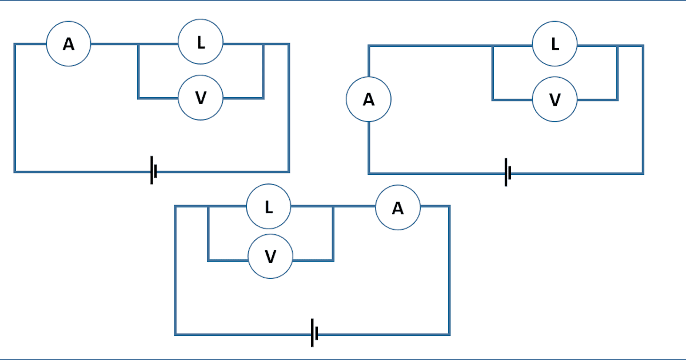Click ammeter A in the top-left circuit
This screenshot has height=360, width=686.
(x=69, y=44)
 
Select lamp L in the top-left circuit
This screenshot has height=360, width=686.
(x=201, y=42)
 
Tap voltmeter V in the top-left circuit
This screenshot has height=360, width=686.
(x=201, y=98)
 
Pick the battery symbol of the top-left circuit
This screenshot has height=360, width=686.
(x=153, y=170)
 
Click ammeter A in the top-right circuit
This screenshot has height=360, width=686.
(x=369, y=99)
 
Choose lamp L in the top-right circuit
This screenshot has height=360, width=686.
(x=555, y=44)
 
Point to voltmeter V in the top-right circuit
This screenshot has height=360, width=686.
(x=555, y=100)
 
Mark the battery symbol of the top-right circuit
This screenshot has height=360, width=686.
(x=508, y=173)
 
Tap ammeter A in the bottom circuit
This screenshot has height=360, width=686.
(x=398, y=208)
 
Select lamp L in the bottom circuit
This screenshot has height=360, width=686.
(x=269, y=207)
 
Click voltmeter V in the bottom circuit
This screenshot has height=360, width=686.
(x=270, y=256)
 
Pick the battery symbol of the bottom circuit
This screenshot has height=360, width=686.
(x=314, y=333)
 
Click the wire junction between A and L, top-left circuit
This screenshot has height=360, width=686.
(x=138, y=44)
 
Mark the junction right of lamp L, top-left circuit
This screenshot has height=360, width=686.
(x=263, y=44)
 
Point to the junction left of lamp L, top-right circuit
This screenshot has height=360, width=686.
(x=493, y=46)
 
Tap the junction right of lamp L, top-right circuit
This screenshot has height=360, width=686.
(x=617, y=46)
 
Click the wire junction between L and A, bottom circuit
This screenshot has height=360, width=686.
(x=333, y=207)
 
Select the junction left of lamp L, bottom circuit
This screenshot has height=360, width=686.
(x=208, y=207)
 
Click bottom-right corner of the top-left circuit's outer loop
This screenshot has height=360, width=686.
(x=289, y=171)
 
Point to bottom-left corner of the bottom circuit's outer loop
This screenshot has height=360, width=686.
(x=176, y=334)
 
